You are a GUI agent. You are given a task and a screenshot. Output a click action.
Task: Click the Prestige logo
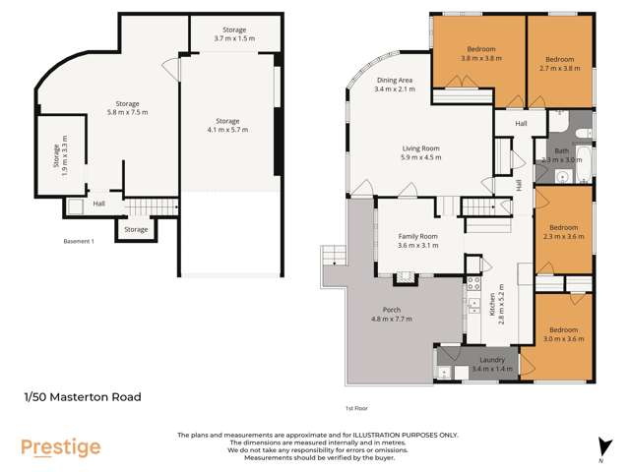point(61,447)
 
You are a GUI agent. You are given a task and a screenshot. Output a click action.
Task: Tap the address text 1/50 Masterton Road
point(83,397)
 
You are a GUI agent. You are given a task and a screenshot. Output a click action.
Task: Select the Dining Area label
point(395,85)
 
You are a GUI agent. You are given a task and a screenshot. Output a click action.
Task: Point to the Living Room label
point(420,152)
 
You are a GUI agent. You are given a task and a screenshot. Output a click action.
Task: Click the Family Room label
point(417,241)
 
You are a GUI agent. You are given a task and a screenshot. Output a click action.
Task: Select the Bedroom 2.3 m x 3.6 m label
point(564,231)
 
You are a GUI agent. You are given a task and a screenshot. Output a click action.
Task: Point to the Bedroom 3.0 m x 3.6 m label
point(564,333)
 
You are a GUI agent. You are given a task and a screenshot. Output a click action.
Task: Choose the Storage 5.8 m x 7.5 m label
point(127,107)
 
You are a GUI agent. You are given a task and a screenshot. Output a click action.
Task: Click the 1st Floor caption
point(355,407)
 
